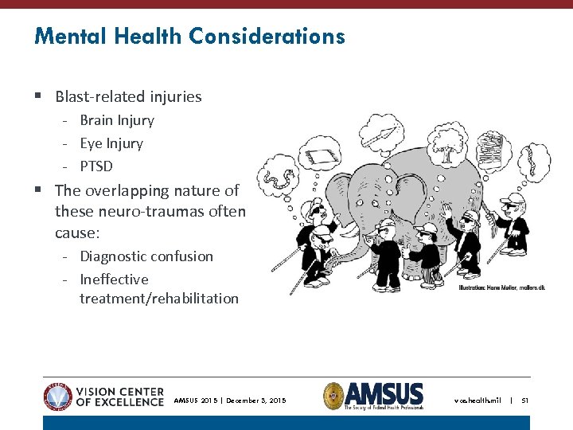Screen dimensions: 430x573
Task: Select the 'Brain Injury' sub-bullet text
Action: pos(117,120)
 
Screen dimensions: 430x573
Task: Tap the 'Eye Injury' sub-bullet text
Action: pos(111,143)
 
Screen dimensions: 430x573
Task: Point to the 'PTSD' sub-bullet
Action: pos(96,166)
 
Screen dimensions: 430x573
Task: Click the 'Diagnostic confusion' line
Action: pos(146,256)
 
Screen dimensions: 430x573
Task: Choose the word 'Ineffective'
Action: pos(114,279)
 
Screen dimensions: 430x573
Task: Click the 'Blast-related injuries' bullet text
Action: pos(128,97)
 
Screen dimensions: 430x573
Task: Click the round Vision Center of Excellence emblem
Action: pos(58,397)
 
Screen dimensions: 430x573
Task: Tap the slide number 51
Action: pos(524,401)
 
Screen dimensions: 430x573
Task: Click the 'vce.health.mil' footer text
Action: pos(477,401)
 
